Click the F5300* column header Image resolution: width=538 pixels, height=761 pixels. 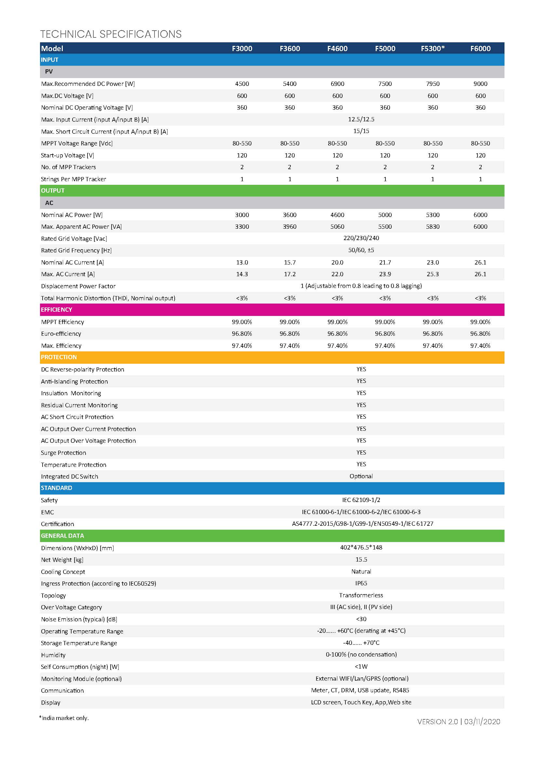(433, 48)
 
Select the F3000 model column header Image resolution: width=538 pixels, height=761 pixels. (242, 48)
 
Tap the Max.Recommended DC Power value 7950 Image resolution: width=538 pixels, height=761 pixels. (433, 84)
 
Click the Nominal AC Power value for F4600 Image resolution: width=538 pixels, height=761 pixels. (337, 215)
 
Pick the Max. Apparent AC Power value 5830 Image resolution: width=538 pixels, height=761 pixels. (433, 227)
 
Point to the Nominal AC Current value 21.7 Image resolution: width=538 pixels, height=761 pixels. (385, 262)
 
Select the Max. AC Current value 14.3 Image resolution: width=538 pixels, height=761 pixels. (242, 274)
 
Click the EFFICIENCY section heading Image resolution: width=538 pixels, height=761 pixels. (56, 309)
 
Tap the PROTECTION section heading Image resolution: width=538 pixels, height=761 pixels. (59, 357)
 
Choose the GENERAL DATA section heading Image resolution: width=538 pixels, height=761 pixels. (62, 536)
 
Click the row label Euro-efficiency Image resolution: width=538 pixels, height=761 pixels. (61, 334)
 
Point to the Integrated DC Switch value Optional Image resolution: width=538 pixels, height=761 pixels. (361, 476)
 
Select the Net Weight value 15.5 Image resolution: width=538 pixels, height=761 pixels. (361, 560)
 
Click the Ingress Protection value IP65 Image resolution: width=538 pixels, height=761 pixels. (361, 583)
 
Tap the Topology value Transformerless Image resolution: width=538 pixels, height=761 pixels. (361, 595)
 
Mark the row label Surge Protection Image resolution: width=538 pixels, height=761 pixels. (63, 453)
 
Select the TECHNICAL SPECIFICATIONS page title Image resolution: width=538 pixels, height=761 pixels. (111, 34)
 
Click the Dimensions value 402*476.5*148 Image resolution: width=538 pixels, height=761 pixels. (361, 548)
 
